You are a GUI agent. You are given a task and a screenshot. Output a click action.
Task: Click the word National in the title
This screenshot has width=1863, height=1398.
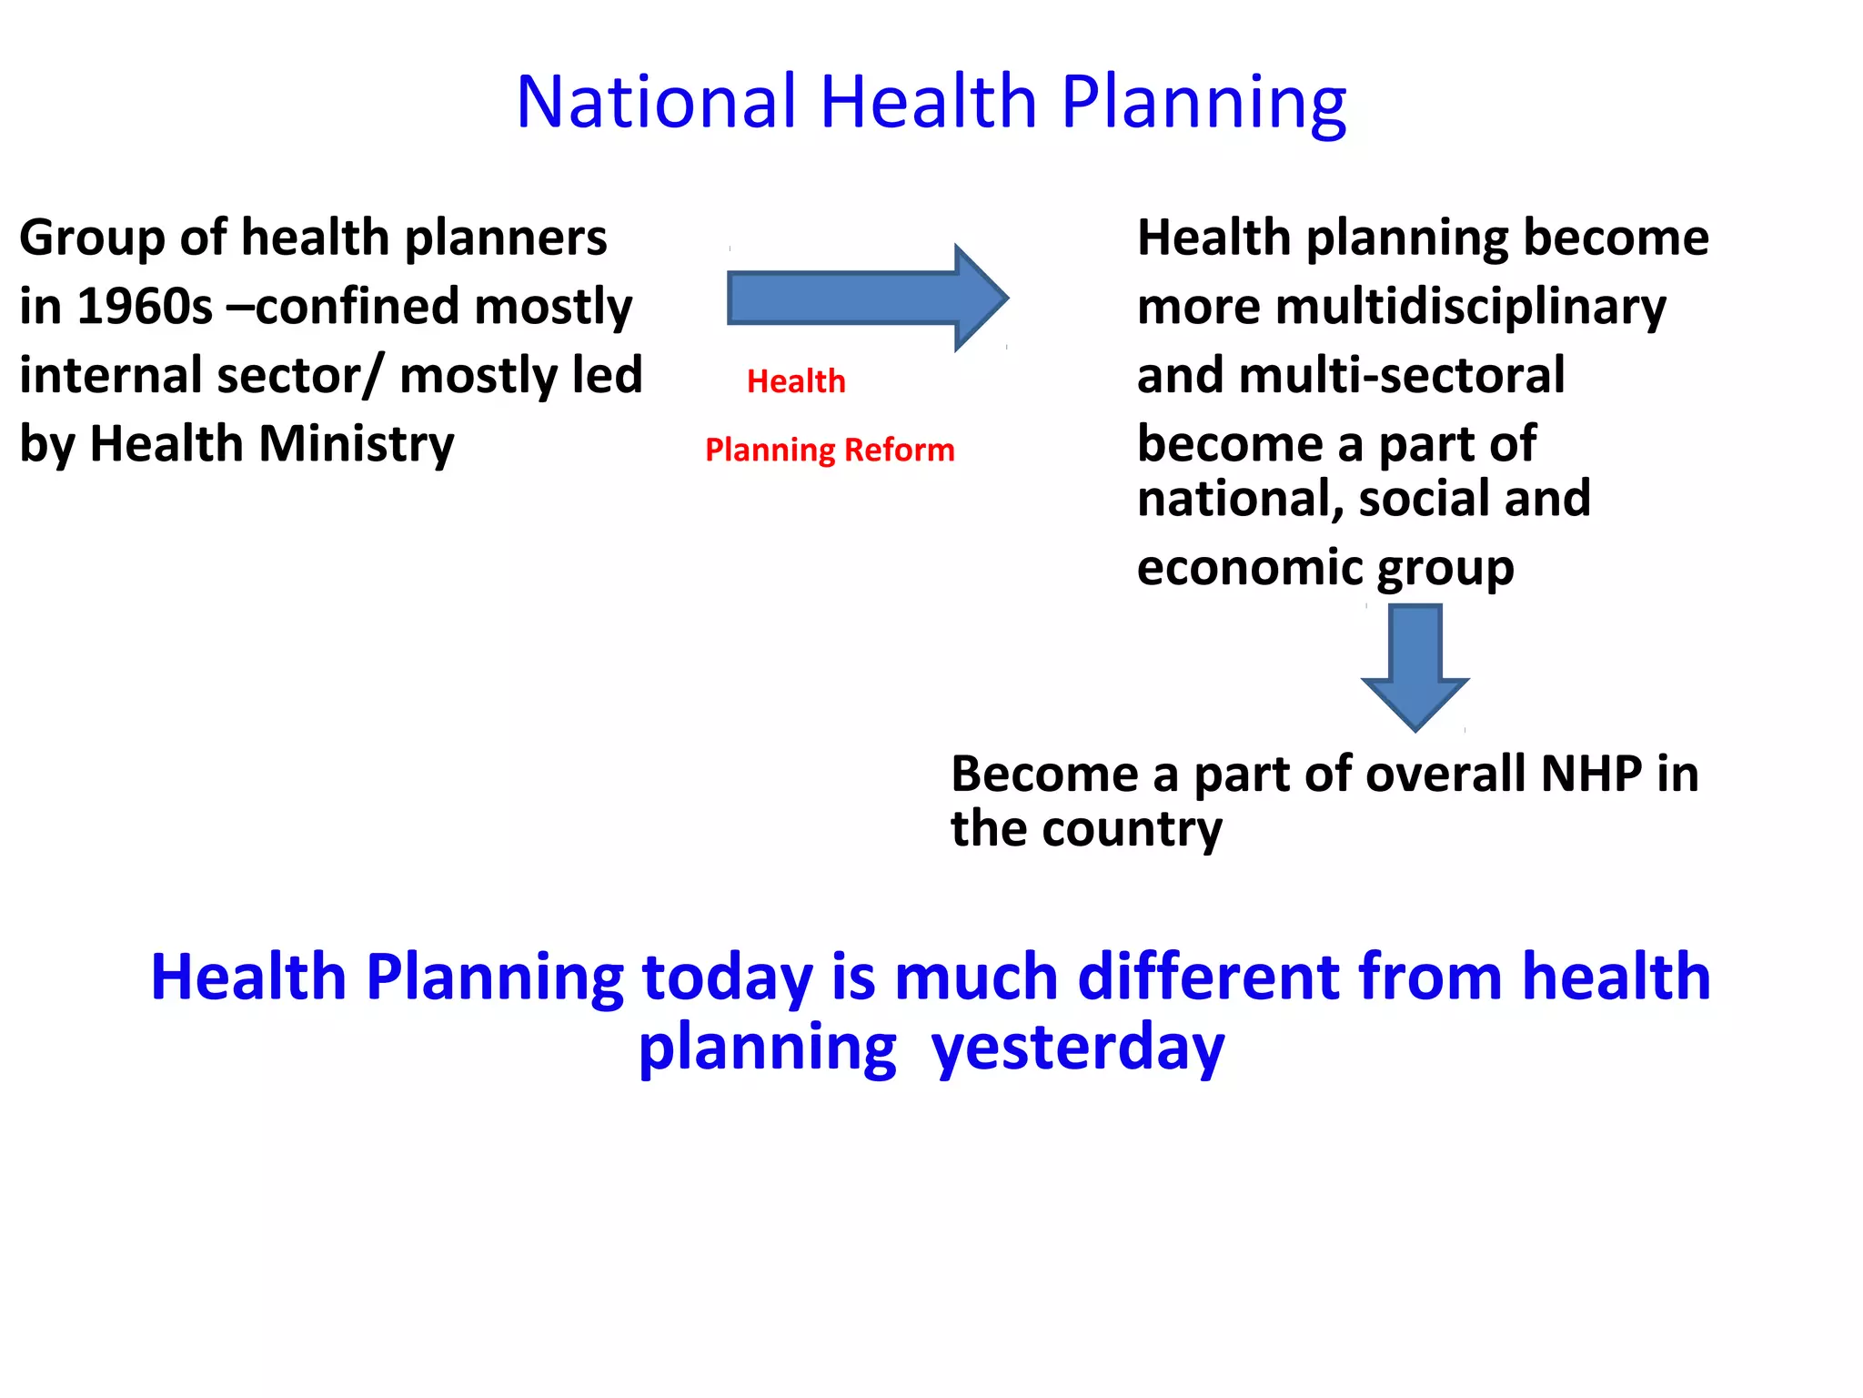coord(655,102)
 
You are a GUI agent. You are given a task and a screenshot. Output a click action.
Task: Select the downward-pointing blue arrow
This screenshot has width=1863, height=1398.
coord(1415,669)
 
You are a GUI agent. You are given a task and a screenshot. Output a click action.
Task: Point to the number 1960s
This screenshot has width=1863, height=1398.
coord(145,307)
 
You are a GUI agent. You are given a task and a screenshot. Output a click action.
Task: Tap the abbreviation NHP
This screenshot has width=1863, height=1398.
coord(1592,774)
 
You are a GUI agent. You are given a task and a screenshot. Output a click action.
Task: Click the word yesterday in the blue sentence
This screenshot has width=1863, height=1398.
coord(1078,1048)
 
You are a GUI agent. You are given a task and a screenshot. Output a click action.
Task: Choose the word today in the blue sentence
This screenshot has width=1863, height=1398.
coord(727,978)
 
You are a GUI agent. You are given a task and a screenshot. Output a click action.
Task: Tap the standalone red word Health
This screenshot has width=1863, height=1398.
coord(796,381)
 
